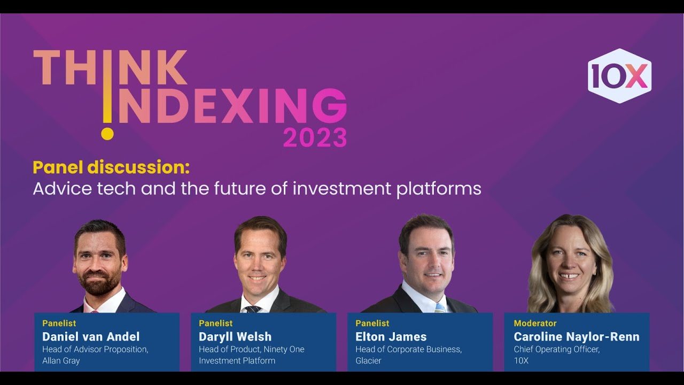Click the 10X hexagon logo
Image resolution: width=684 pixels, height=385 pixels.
point(619,76)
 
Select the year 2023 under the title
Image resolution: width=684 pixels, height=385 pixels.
point(315,138)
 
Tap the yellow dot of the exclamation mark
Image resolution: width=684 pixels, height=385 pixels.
point(107,133)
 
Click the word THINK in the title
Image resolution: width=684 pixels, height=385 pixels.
point(110,68)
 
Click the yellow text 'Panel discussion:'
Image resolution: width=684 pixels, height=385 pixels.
point(111,167)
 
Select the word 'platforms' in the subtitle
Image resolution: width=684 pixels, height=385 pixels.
point(439,189)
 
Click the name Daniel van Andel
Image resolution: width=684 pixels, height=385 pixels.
point(91,336)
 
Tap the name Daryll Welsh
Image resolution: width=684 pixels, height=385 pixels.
point(235,336)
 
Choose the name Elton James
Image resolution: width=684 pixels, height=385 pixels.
point(391,336)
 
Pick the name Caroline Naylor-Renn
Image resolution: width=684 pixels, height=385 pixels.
point(577,336)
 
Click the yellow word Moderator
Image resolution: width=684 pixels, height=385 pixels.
point(535,323)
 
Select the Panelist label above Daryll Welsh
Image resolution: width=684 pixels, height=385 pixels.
point(216,323)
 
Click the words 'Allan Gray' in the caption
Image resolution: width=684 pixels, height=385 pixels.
point(61,361)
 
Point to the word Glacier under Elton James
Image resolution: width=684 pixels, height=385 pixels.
point(368,361)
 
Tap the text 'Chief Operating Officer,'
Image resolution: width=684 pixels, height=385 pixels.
point(557,349)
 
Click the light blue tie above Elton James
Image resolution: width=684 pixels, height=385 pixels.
point(439,307)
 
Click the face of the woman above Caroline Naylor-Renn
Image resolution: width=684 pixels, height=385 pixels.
point(570,262)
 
